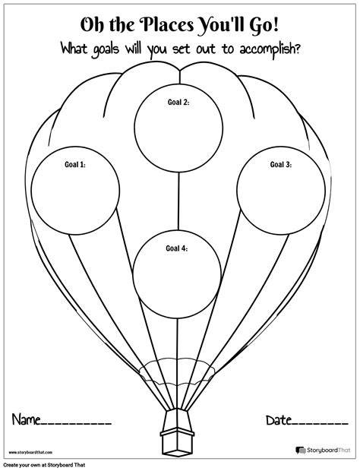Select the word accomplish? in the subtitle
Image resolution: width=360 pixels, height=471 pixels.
click(270, 49)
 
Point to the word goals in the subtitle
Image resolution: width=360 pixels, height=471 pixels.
click(101, 49)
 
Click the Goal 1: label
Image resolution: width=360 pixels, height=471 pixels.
click(75, 164)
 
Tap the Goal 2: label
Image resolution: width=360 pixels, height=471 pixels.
click(178, 102)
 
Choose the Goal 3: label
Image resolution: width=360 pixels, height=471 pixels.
click(281, 164)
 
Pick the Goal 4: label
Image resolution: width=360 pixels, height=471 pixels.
click(177, 248)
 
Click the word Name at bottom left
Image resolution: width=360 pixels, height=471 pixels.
click(26, 419)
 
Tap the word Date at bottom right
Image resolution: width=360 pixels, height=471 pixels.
click(279, 420)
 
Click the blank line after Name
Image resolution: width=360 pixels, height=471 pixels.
click(76, 424)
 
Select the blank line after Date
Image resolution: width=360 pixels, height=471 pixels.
click(320, 424)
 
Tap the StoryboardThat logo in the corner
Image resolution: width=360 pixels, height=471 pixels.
click(323, 450)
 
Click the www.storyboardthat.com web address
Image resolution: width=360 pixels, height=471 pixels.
click(30, 452)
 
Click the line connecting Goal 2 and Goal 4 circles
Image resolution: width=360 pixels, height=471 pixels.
click(178, 201)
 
